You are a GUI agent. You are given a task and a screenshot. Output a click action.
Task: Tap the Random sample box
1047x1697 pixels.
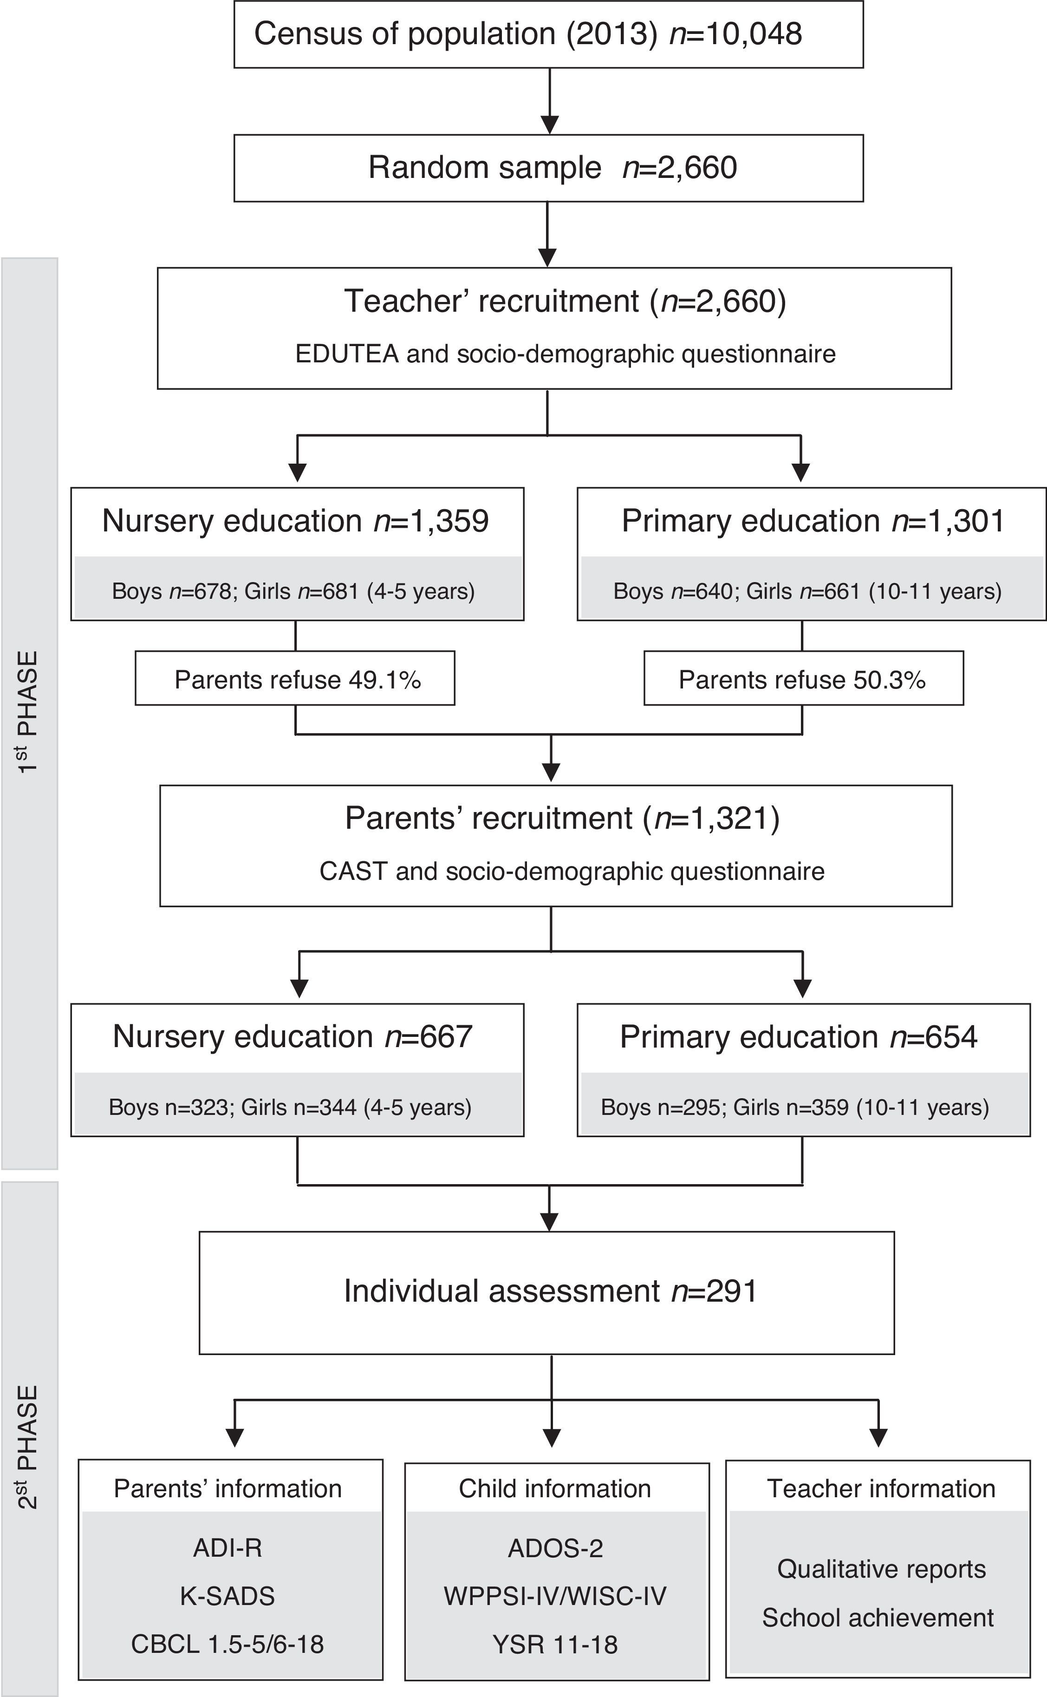pos(548,168)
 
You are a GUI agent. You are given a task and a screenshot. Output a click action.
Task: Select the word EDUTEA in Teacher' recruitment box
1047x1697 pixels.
pos(347,354)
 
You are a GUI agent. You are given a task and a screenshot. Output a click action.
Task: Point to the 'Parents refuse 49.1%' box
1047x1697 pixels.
pos(295,679)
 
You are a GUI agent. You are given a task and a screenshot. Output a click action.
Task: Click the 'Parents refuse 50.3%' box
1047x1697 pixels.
pos(803,679)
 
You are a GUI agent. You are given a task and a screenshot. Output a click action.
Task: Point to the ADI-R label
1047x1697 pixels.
pos(228,1547)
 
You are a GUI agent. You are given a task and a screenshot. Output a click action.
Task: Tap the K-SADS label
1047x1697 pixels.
pos(228,1596)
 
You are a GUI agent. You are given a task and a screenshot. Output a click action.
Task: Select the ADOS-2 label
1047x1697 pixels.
pos(555,1547)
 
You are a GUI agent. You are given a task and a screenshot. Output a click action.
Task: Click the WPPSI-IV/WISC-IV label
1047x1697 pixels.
pos(555,1596)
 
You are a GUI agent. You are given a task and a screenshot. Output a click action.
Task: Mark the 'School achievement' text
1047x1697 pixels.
pos(878,1618)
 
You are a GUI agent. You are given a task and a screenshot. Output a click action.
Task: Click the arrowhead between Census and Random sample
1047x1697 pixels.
pos(549,124)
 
